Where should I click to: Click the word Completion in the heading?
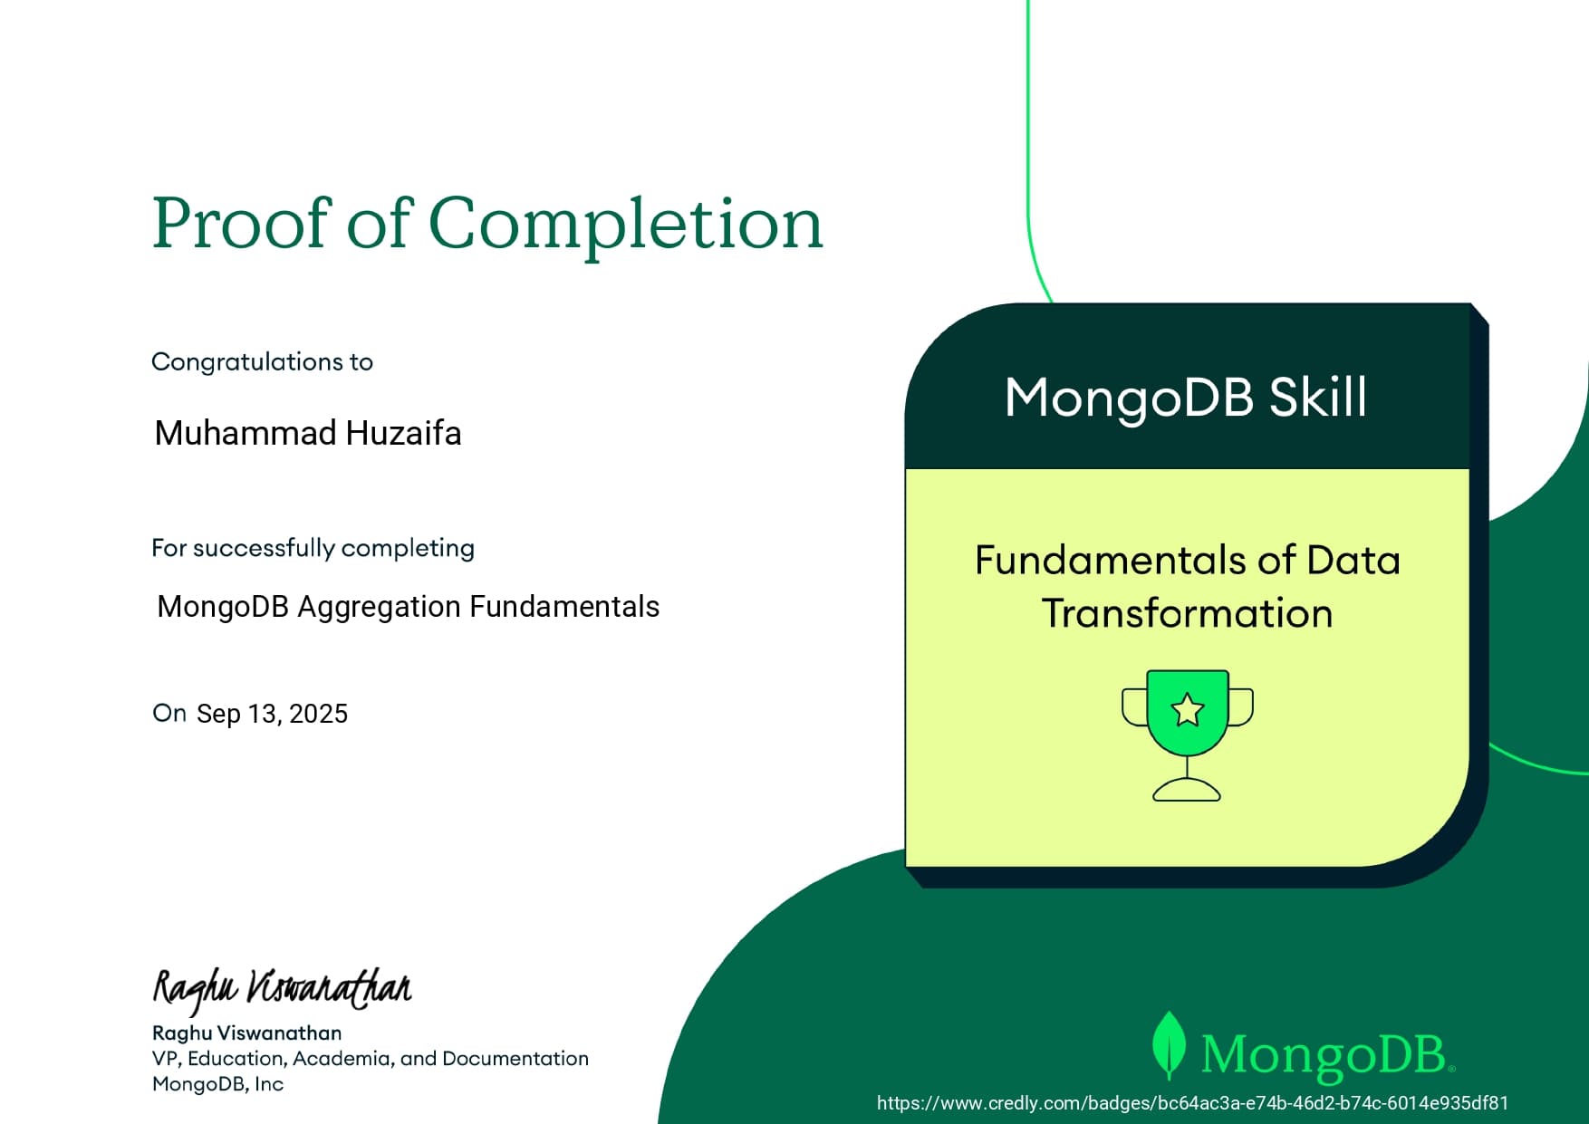click(625, 223)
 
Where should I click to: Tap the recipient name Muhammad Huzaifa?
click(308, 433)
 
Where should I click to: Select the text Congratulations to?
click(262, 361)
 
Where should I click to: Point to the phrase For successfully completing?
click(313, 548)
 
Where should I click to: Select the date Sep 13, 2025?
click(272, 714)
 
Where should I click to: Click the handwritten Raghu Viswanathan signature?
click(282, 988)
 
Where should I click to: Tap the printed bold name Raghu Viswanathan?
click(246, 1033)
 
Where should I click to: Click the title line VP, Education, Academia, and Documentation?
click(370, 1058)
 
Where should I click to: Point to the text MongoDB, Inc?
click(217, 1083)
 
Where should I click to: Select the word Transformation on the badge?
click(1187, 613)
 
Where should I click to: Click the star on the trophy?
click(1187, 710)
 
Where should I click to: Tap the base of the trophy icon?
click(1187, 792)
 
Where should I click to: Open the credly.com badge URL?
click(1192, 1102)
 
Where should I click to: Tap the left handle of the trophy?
click(1132, 707)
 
